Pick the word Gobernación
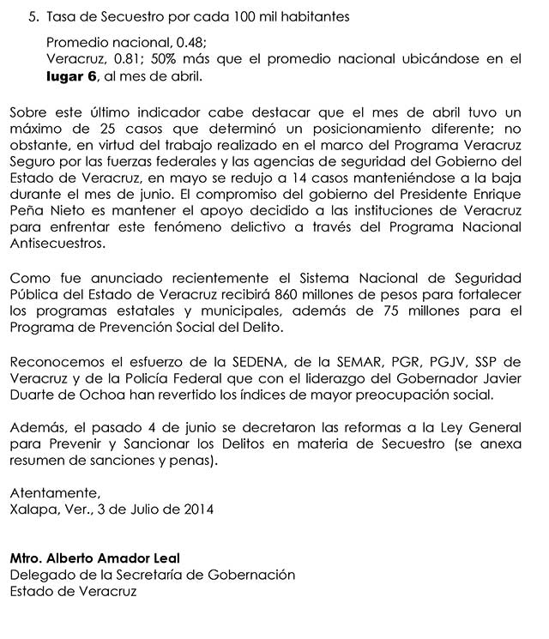(x=249, y=575)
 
